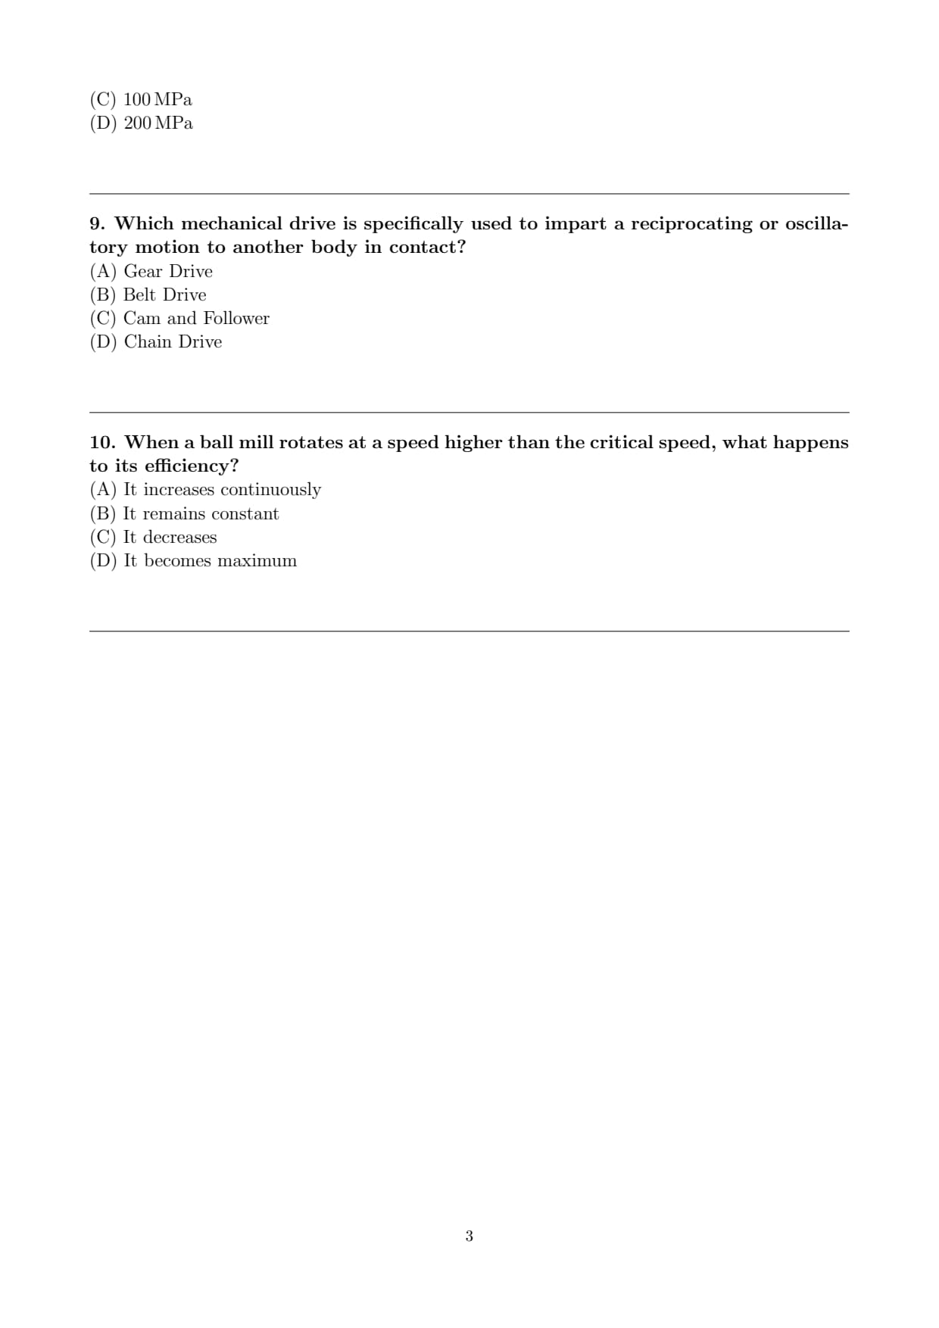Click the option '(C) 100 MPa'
point(141,99)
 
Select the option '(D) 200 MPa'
point(141,123)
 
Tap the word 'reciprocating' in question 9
point(691,223)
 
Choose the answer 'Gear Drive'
point(167,271)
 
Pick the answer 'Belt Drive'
point(164,295)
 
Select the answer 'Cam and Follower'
point(195,318)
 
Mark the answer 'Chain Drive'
point(173,341)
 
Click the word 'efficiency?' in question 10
point(191,466)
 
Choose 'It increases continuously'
point(222,489)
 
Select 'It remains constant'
point(201,513)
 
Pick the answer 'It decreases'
point(170,537)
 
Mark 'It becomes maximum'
point(210,560)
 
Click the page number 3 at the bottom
point(469,1236)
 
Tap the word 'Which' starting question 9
point(144,223)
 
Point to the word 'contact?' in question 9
point(427,247)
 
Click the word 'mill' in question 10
point(255,442)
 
